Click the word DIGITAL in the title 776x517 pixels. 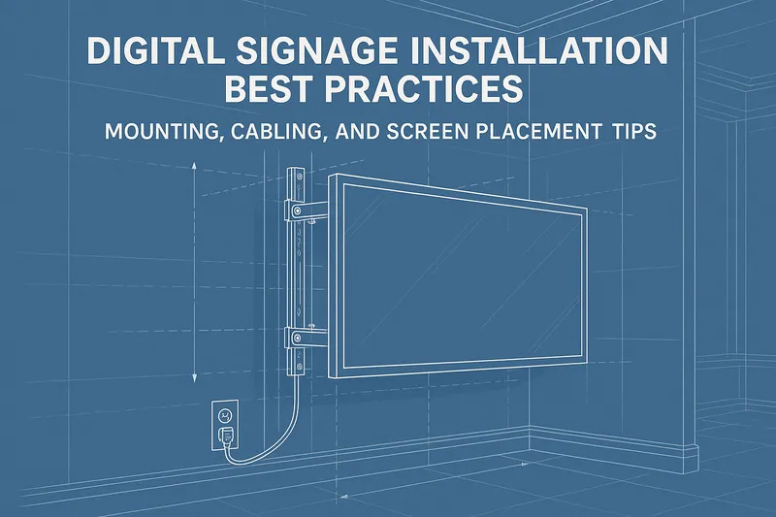click(x=147, y=51)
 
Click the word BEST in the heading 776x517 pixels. click(x=269, y=88)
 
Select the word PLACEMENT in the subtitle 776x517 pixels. click(x=535, y=132)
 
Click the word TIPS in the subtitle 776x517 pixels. click(x=630, y=132)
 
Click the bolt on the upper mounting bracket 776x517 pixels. click(x=297, y=211)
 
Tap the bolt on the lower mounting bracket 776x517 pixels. click(x=297, y=339)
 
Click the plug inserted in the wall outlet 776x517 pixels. click(x=226, y=436)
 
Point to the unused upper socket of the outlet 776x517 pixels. click(x=225, y=415)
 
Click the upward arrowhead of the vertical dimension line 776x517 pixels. click(x=195, y=166)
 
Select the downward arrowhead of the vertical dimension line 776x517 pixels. click(x=195, y=378)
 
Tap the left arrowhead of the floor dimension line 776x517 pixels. click(x=346, y=496)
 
